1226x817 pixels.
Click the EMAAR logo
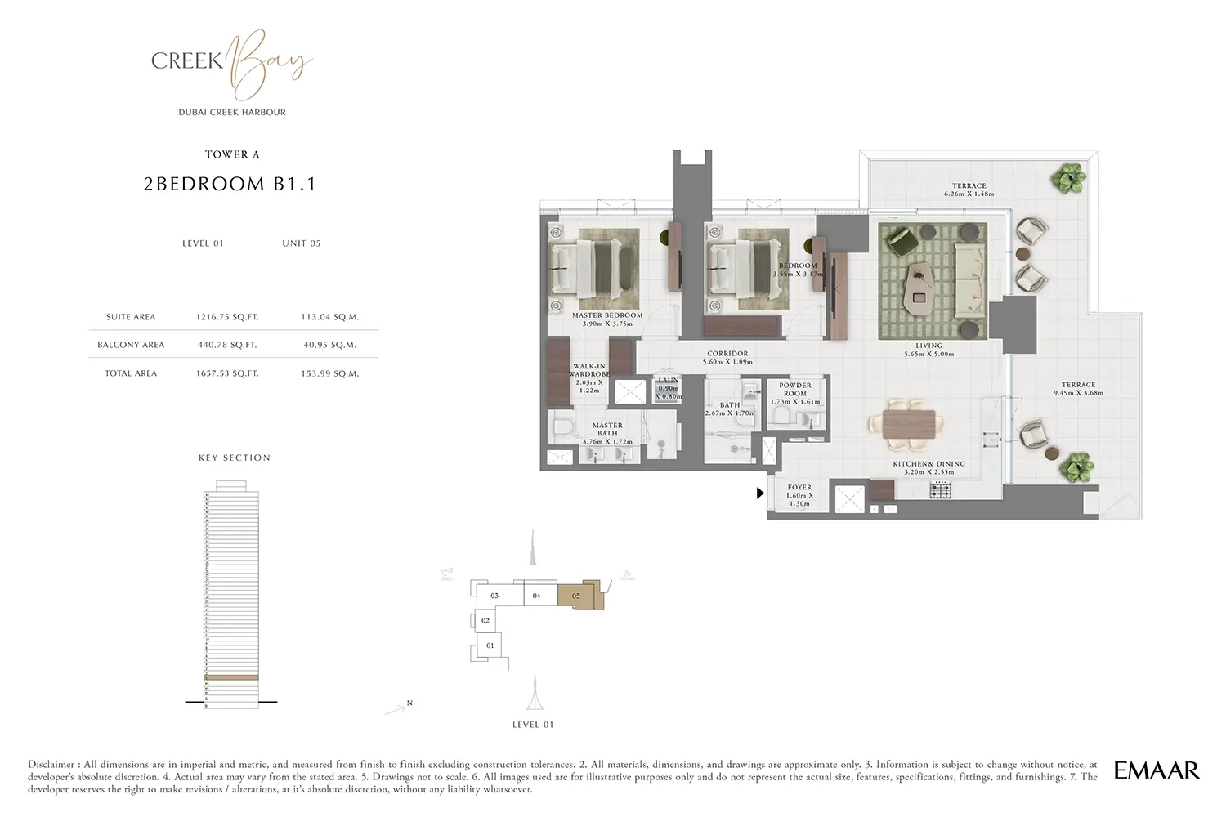[1156, 770]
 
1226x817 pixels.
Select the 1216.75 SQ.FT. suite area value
[227, 317]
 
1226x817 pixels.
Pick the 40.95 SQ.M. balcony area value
[329, 345]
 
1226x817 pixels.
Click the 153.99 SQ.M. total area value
[329, 373]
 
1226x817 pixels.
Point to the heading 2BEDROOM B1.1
[230, 184]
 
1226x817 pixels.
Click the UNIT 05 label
[302, 243]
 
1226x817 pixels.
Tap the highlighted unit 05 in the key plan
[577, 596]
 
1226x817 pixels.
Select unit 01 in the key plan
[490, 645]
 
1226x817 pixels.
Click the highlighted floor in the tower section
[231, 677]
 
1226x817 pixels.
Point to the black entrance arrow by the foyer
[760, 493]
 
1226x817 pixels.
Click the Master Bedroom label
[607, 315]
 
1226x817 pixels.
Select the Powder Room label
[795, 389]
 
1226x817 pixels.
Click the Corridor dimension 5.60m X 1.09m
[727, 362]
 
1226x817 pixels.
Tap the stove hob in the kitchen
[940, 490]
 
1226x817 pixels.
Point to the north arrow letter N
[409, 703]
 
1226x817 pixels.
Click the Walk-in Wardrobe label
[589, 370]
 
